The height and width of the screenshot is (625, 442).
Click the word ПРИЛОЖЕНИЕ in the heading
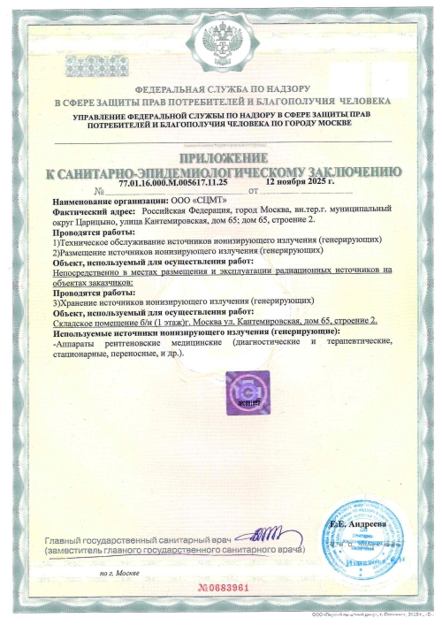click(220, 156)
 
